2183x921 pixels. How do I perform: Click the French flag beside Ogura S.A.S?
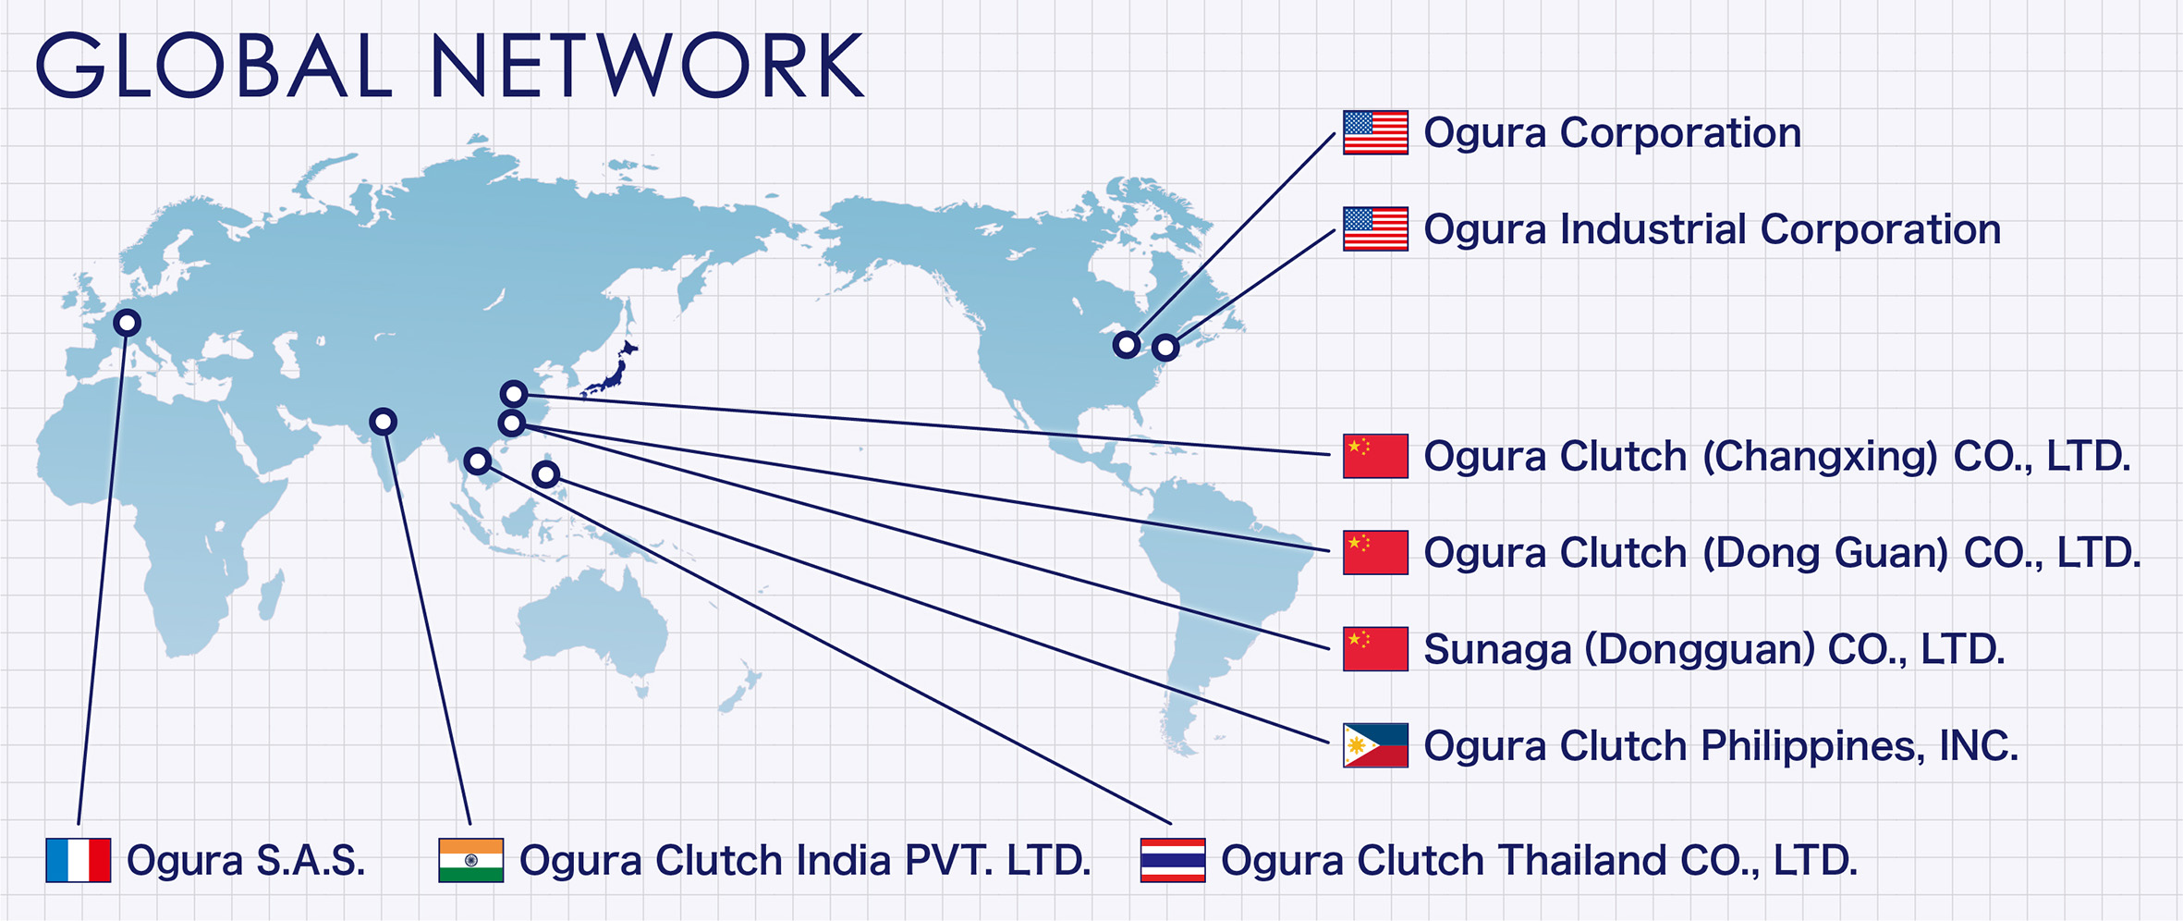79,860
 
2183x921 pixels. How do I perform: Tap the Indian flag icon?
471,860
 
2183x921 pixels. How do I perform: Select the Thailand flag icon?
1173,860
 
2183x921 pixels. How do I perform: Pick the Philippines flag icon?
1376,745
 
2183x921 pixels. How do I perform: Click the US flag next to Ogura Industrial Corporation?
1376,228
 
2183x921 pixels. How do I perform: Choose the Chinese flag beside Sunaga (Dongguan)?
1376,648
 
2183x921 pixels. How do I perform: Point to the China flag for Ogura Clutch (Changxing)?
1376,456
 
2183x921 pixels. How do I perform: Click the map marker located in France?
128,323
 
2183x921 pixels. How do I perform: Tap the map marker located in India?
384,422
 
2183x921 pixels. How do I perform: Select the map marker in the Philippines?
546,474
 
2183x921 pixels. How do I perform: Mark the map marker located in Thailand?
478,460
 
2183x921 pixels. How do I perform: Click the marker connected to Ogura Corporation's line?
1127,345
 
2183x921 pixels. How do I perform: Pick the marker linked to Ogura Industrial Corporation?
1165,348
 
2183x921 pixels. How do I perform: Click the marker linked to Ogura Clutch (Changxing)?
514,394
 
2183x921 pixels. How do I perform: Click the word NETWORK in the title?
647,66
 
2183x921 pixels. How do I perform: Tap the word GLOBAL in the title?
214,66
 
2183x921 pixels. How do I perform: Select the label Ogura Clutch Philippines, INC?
1721,746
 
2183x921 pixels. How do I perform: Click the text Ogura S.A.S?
246,861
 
